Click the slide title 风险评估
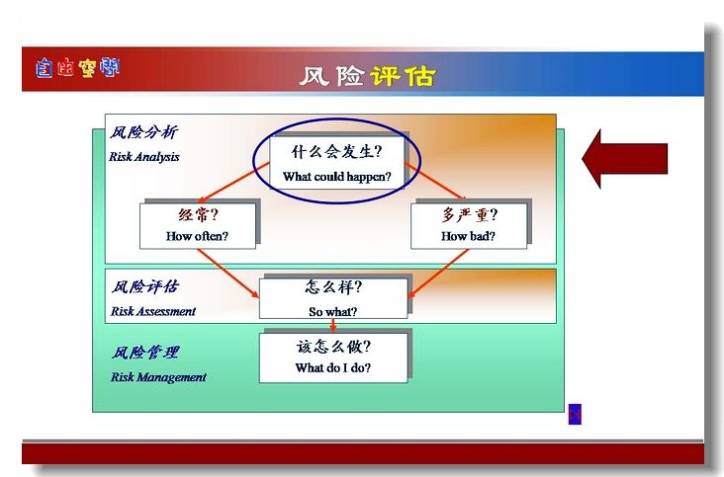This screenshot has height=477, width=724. [368, 76]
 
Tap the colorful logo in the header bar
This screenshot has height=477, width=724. [77, 68]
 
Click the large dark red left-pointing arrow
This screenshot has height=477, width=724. [625, 159]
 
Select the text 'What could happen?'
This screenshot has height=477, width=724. [337, 177]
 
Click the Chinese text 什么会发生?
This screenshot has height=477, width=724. [336, 152]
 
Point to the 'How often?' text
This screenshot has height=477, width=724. [197, 236]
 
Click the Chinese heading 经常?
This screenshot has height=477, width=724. [198, 214]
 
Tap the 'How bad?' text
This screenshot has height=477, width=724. [468, 236]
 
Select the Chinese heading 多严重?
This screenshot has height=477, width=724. [470, 214]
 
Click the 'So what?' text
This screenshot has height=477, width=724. [333, 312]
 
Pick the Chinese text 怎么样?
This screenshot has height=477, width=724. [333, 287]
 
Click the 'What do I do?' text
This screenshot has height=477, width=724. [333, 367]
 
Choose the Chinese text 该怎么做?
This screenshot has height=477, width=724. [333, 347]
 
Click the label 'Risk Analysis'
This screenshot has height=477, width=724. [144, 157]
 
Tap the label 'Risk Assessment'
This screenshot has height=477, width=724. [153, 311]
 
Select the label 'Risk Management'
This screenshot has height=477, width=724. [158, 377]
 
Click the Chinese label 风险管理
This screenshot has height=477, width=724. [145, 353]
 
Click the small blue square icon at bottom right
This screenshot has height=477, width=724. [575, 415]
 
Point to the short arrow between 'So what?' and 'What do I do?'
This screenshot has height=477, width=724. [333, 325]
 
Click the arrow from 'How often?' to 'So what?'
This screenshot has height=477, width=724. [228, 274]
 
